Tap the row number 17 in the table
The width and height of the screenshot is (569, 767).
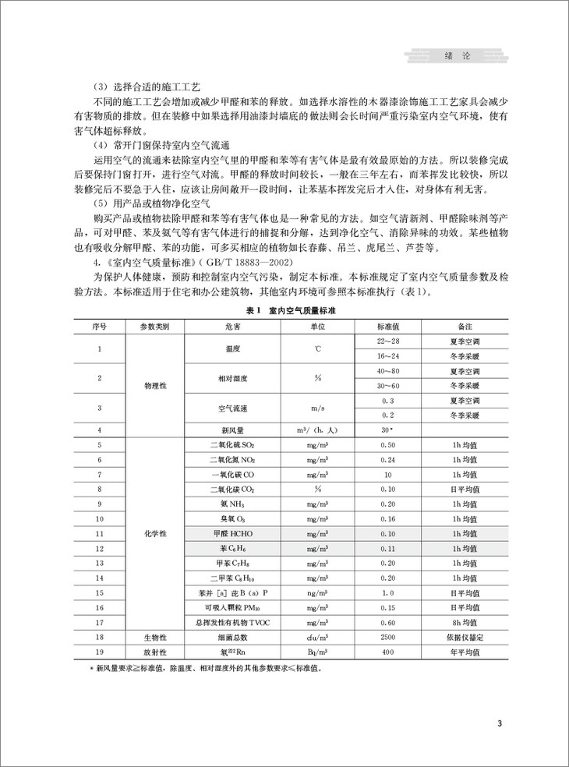click(99, 622)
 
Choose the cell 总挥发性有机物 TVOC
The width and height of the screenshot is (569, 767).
click(230, 622)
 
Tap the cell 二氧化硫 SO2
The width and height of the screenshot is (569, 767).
click(230, 444)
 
